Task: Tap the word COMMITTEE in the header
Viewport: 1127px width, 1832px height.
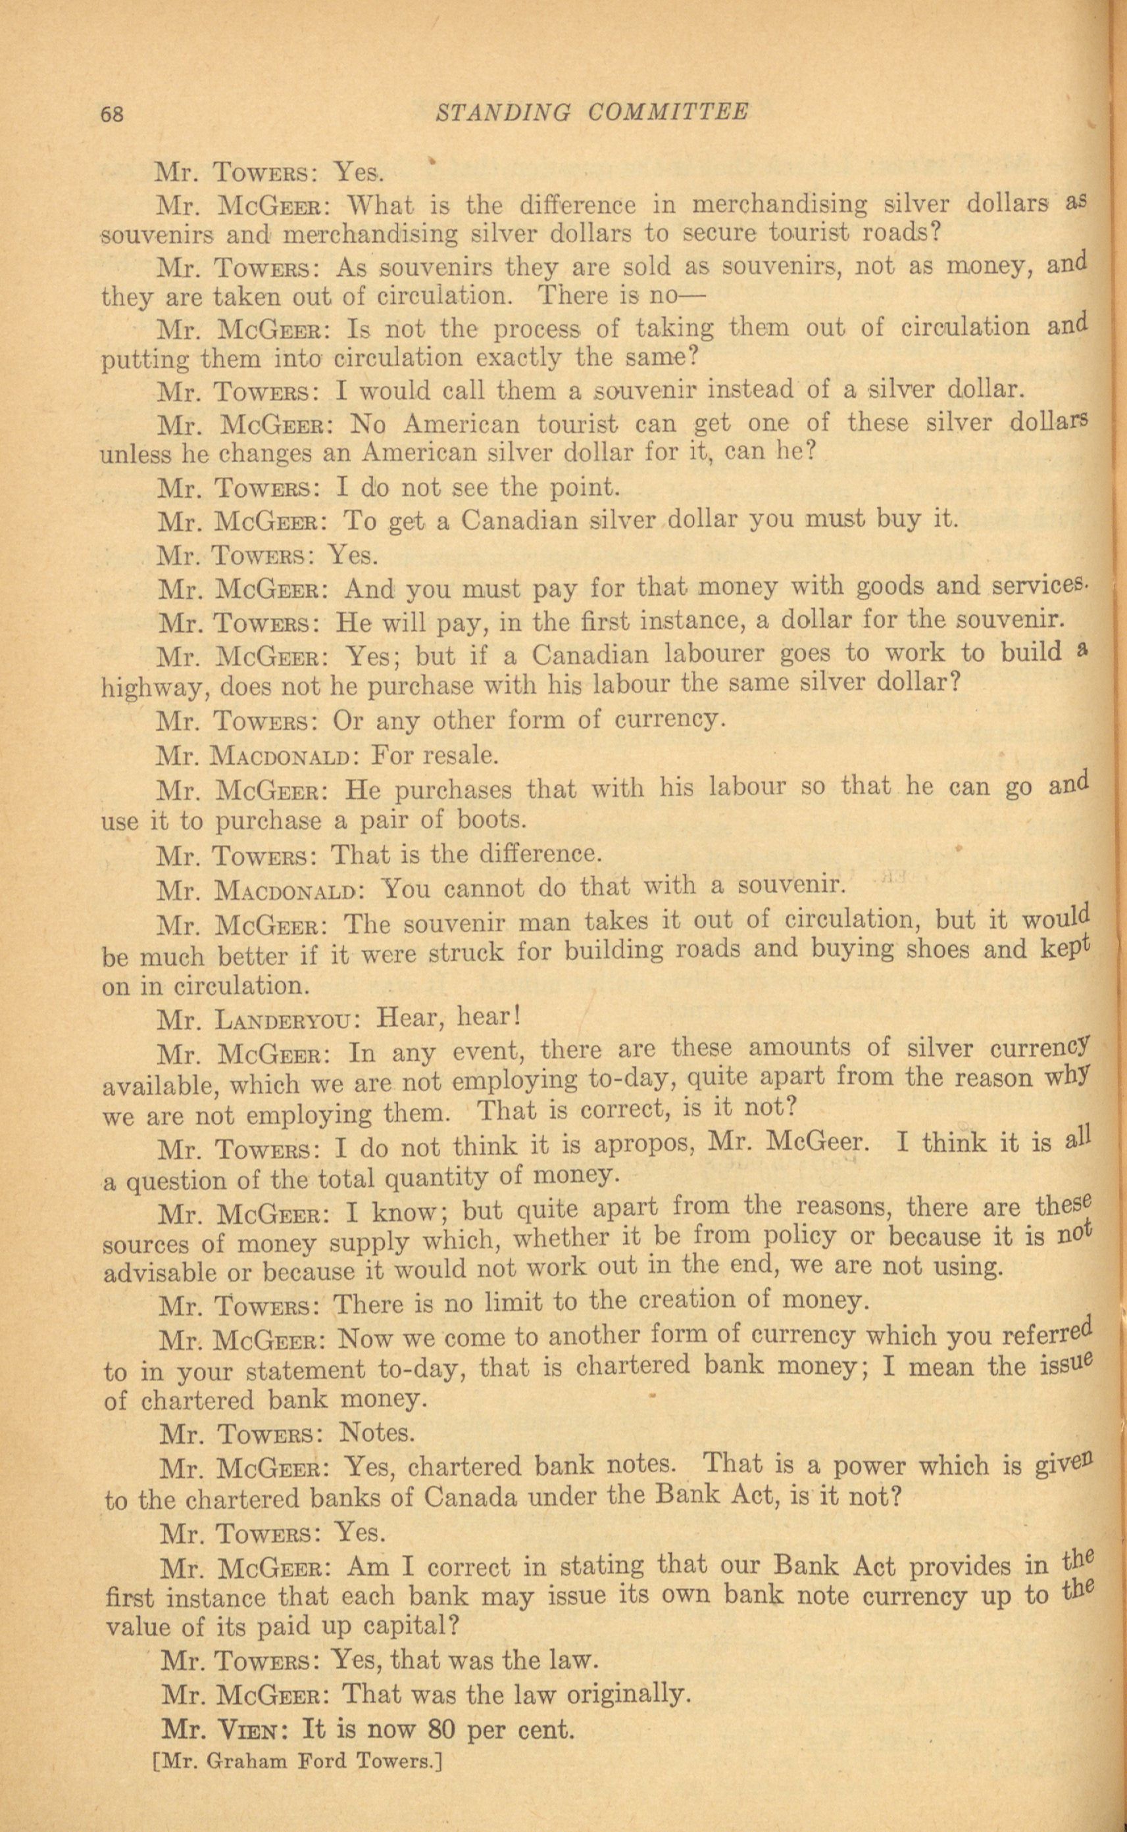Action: click(x=667, y=112)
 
